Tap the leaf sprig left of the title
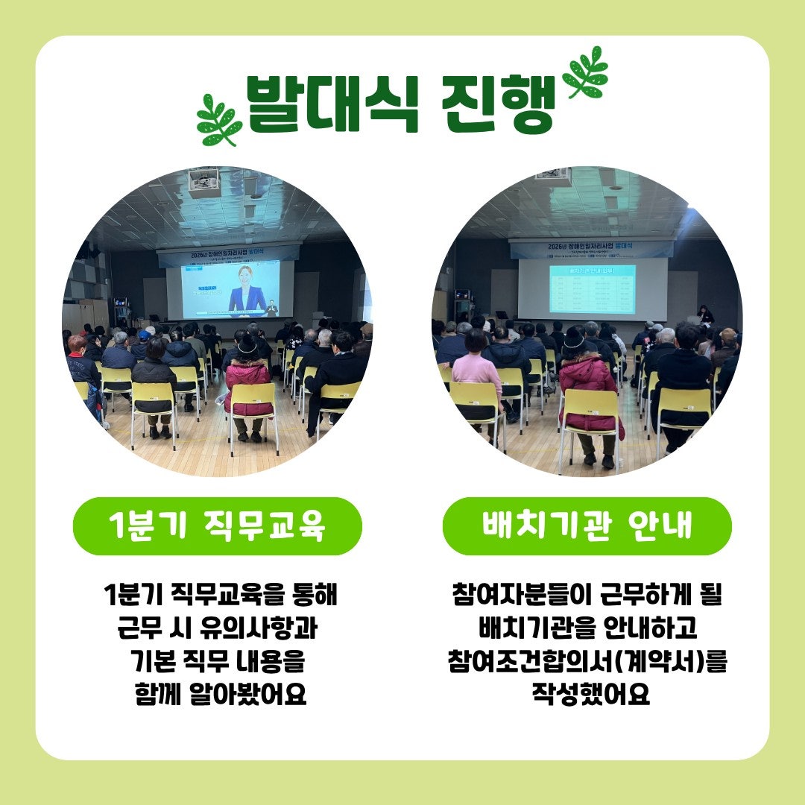(218, 119)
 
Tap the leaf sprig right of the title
(587, 72)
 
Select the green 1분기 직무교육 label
(217, 526)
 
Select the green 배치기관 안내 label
(587, 526)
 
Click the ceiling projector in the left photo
(204, 181)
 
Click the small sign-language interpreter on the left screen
(272, 308)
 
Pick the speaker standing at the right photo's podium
(704, 314)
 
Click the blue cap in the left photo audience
(144, 335)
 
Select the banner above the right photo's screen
(590, 248)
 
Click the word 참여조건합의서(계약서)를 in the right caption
(587, 662)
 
